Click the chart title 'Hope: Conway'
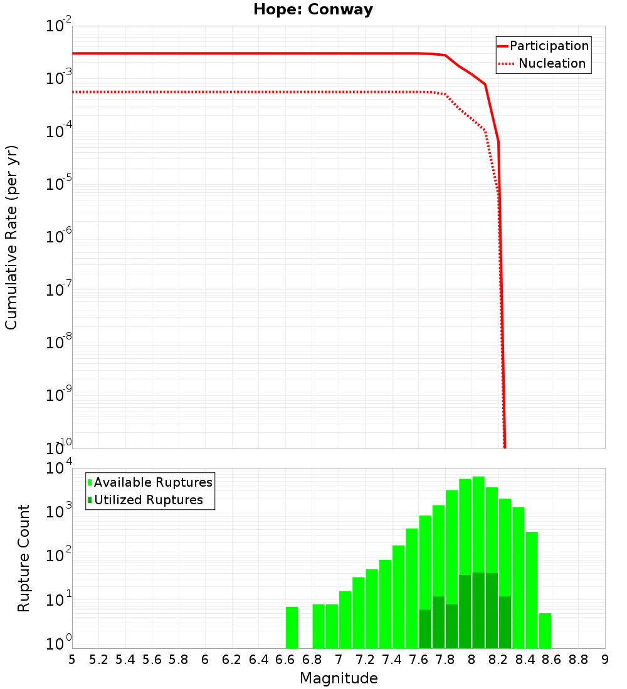point(313,9)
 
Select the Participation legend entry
point(543,46)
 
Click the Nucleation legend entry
point(543,63)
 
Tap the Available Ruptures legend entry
point(150,482)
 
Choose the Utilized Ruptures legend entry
point(145,500)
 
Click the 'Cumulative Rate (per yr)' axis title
point(11,237)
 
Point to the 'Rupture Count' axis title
point(24,557)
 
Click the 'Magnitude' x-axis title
point(339,678)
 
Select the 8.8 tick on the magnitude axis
point(578,660)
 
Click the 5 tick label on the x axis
point(72,660)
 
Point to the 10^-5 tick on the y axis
point(58,185)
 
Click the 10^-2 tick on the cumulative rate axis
point(58,26)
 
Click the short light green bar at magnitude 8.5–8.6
point(545,631)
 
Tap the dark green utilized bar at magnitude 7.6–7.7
point(425,629)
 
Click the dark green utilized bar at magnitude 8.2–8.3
point(505,622)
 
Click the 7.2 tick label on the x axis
point(365,660)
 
